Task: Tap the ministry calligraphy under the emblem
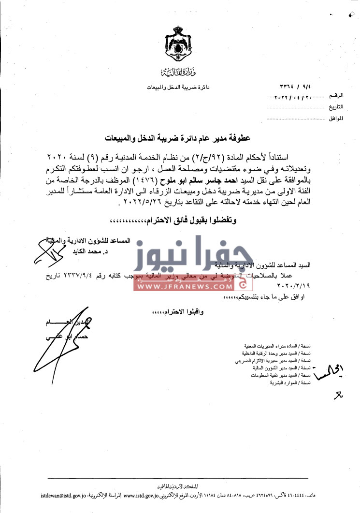point(174,73)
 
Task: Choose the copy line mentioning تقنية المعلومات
point(278,375)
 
